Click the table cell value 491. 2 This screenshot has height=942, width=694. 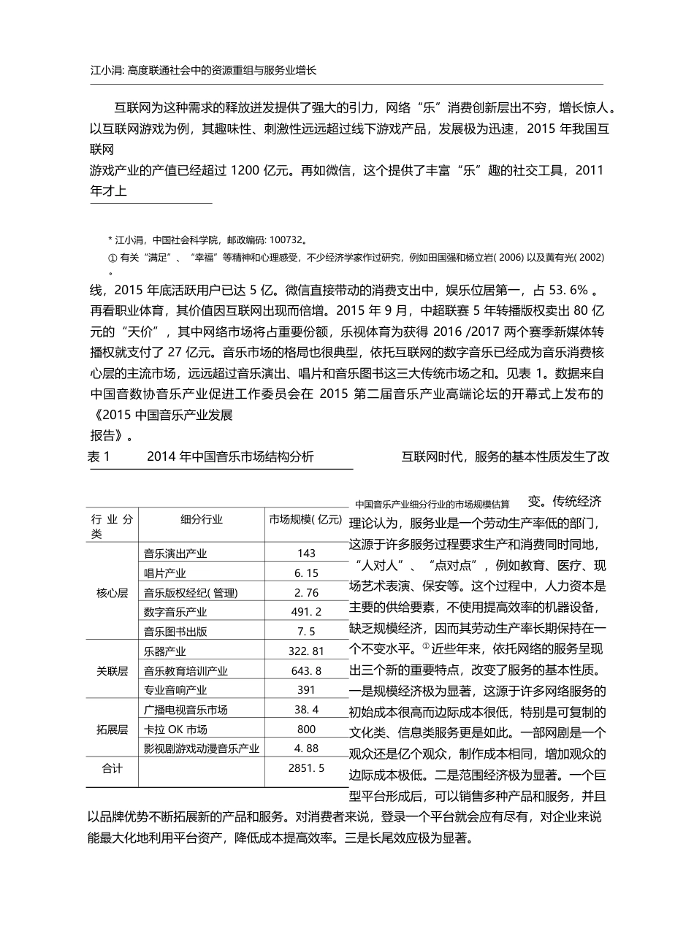(307, 612)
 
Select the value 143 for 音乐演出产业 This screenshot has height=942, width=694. (307, 554)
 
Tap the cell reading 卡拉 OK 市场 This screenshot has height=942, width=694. (176, 729)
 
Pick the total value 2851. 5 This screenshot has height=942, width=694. (307, 768)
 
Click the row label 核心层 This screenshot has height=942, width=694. (112, 593)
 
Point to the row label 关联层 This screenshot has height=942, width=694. (112, 670)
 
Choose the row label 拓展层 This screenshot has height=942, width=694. (112, 729)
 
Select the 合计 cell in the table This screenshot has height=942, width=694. (112, 768)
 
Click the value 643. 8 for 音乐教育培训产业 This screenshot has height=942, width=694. (307, 670)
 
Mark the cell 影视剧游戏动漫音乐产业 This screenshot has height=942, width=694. (202, 748)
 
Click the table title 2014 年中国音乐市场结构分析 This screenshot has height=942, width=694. (230, 457)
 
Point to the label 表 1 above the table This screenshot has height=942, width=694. (98, 457)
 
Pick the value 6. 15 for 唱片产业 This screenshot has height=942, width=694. (307, 573)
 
